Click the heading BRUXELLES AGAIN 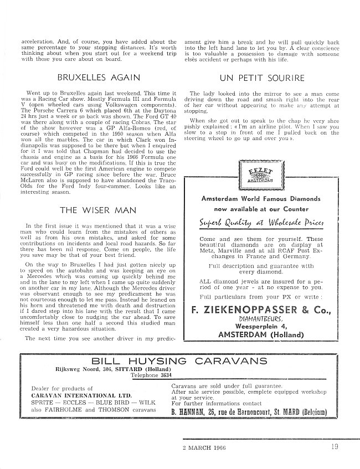coord(99,77)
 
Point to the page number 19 coord(332,447)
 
